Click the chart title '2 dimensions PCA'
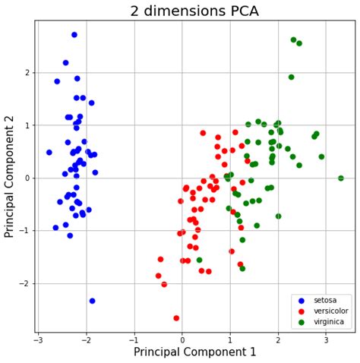click(x=194, y=11)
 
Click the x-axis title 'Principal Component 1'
click(x=194, y=352)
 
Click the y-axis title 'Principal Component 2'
click(x=10, y=176)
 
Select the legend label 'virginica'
click(x=327, y=321)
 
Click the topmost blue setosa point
click(x=74, y=35)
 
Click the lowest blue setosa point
click(x=92, y=301)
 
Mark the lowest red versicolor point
click(x=176, y=318)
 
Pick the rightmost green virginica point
click(x=340, y=178)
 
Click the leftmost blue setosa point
click(x=49, y=153)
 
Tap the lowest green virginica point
click(x=242, y=269)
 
